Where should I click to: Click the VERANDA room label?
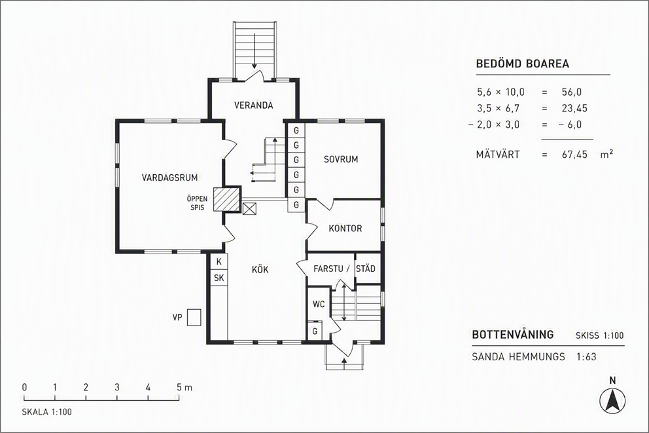(x=254, y=105)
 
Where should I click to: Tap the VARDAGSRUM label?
(x=169, y=178)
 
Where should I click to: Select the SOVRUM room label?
(x=341, y=159)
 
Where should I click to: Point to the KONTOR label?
(x=345, y=229)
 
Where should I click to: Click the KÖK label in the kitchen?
(x=260, y=270)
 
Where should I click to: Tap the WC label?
(x=319, y=305)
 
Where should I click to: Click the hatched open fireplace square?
(x=227, y=200)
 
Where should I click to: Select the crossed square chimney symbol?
(x=249, y=208)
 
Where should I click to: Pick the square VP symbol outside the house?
(x=194, y=318)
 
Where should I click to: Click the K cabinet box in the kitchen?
(x=219, y=261)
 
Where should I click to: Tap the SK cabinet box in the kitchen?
(x=219, y=278)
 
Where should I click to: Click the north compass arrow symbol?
(x=613, y=401)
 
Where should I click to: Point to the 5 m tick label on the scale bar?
(x=184, y=387)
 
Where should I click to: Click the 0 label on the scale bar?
(x=24, y=387)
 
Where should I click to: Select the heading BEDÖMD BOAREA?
(x=522, y=64)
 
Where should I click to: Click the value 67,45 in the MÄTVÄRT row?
(x=574, y=155)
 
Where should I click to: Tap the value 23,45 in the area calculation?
(x=574, y=109)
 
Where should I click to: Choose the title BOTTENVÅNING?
(x=513, y=334)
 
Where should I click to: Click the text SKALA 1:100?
(x=46, y=412)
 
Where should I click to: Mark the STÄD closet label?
(x=366, y=269)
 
